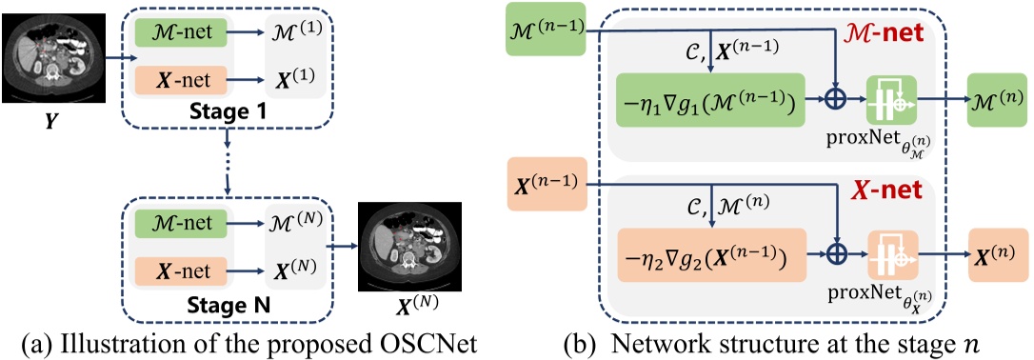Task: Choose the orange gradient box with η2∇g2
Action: tap(710, 254)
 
